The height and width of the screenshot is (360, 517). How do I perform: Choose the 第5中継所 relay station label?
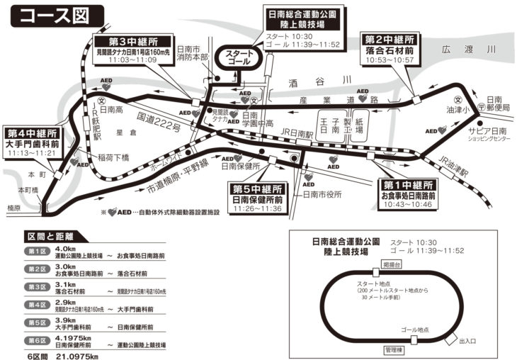coord(258,189)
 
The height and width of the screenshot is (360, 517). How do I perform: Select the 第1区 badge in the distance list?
coord(36,252)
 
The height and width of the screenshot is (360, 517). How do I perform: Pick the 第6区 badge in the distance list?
coord(36,342)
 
